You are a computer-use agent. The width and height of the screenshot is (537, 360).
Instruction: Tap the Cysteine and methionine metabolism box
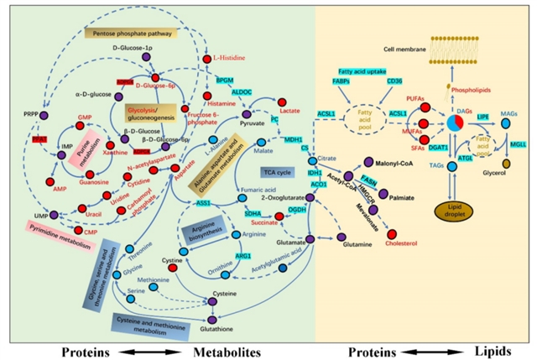click(x=141, y=323)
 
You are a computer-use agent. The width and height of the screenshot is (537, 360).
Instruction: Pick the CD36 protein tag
click(x=394, y=81)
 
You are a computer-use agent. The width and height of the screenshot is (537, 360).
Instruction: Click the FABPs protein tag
click(x=343, y=81)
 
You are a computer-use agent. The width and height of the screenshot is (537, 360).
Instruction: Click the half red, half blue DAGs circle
click(x=454, y=123)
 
